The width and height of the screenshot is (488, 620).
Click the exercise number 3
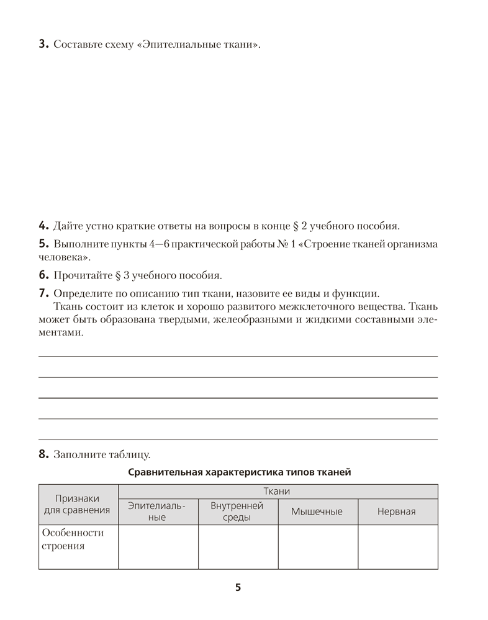point(42,44)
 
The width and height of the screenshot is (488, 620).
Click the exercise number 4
point(42,225)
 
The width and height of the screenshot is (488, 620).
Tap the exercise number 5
point(42,244)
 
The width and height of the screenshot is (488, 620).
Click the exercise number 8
point(42,454)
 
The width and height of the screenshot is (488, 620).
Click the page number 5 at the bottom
point(238,587)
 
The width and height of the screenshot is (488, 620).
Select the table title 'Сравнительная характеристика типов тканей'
point(239,472)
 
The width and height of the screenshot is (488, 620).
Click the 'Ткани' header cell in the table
point(278,491)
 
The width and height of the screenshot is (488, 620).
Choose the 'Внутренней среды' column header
point(237,511)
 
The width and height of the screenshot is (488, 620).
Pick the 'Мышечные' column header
point(317,511)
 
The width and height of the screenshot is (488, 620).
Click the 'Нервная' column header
point(397,511)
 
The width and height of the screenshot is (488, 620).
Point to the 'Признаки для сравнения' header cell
point(78,504)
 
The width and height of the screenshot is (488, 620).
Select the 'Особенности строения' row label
point(73,539)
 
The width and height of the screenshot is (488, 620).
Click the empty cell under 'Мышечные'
point(317,547)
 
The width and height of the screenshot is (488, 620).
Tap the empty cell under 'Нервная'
point(397,547)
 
